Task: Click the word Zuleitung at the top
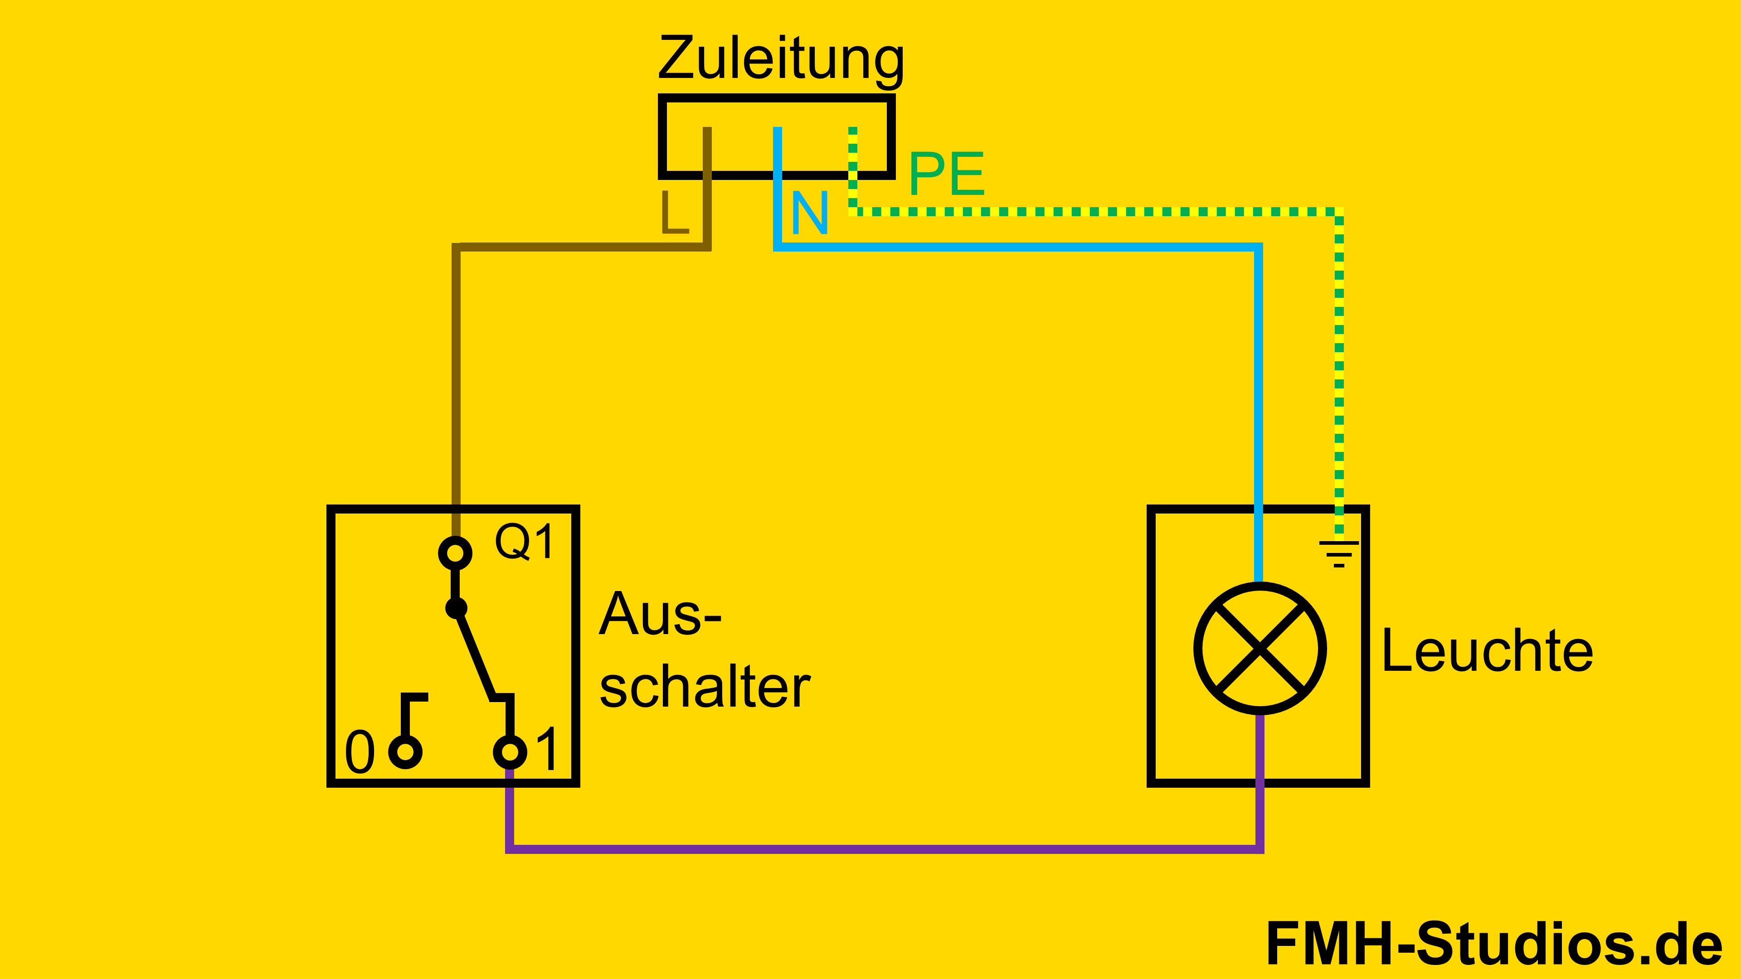(x=781, y=59)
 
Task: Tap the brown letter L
(x=674, y=212)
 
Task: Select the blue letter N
(x=809, y=213)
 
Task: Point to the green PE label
(x=946, y=174)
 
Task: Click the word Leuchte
(x=1487, y=651)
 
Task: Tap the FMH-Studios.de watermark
(x=1493, y=944)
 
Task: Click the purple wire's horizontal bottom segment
(x=879, y=848)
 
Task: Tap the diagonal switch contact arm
(x=475, y=653)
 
